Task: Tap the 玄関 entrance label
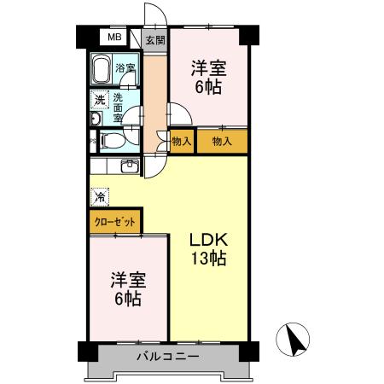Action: pos(154,39)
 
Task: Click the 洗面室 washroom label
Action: pos(119,108)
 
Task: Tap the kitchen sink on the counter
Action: pos(130,165)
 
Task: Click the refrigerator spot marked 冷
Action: pos(101,195)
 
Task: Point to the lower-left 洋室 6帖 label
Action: pos(125,288)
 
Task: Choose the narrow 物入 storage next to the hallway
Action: pos(181,141)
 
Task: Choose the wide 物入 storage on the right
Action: pos(222,141)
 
